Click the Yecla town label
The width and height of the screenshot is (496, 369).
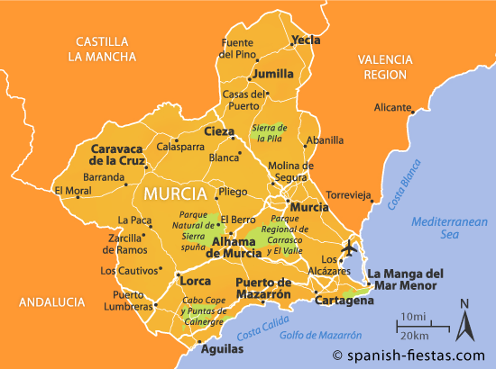point(307,40)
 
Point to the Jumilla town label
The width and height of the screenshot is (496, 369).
point(273,74)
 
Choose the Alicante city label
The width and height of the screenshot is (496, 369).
point(392,107)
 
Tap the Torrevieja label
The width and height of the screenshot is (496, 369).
point(348,194)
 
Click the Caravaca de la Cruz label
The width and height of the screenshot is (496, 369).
point(118,154)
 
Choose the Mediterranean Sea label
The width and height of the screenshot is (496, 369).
point(448,229)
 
